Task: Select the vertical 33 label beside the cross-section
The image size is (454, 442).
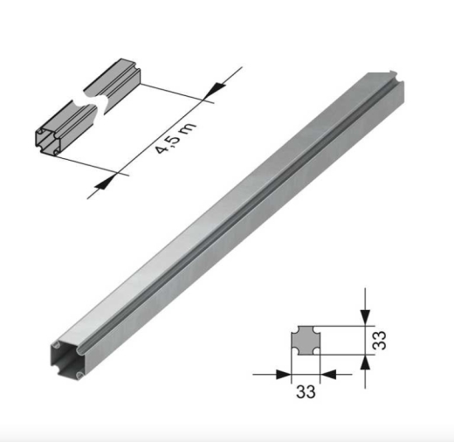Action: [x=379, y=340]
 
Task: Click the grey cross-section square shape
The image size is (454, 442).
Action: [x=306, y=340]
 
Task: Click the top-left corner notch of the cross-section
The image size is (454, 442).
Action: [x=293, y=328]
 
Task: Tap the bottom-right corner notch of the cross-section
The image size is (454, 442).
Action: [x=318, y=352]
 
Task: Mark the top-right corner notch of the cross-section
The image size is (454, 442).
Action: [x=318, y=328]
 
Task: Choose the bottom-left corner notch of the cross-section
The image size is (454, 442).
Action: [x=293, y=352]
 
